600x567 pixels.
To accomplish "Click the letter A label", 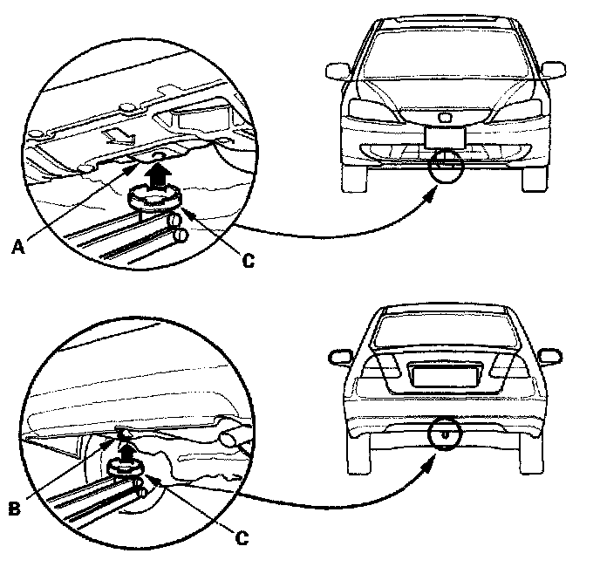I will click(18, 247).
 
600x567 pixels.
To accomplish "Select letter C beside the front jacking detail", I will click(248, 260).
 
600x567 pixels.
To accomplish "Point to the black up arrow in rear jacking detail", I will click(127, 453).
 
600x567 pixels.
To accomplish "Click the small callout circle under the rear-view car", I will click(444, 434).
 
